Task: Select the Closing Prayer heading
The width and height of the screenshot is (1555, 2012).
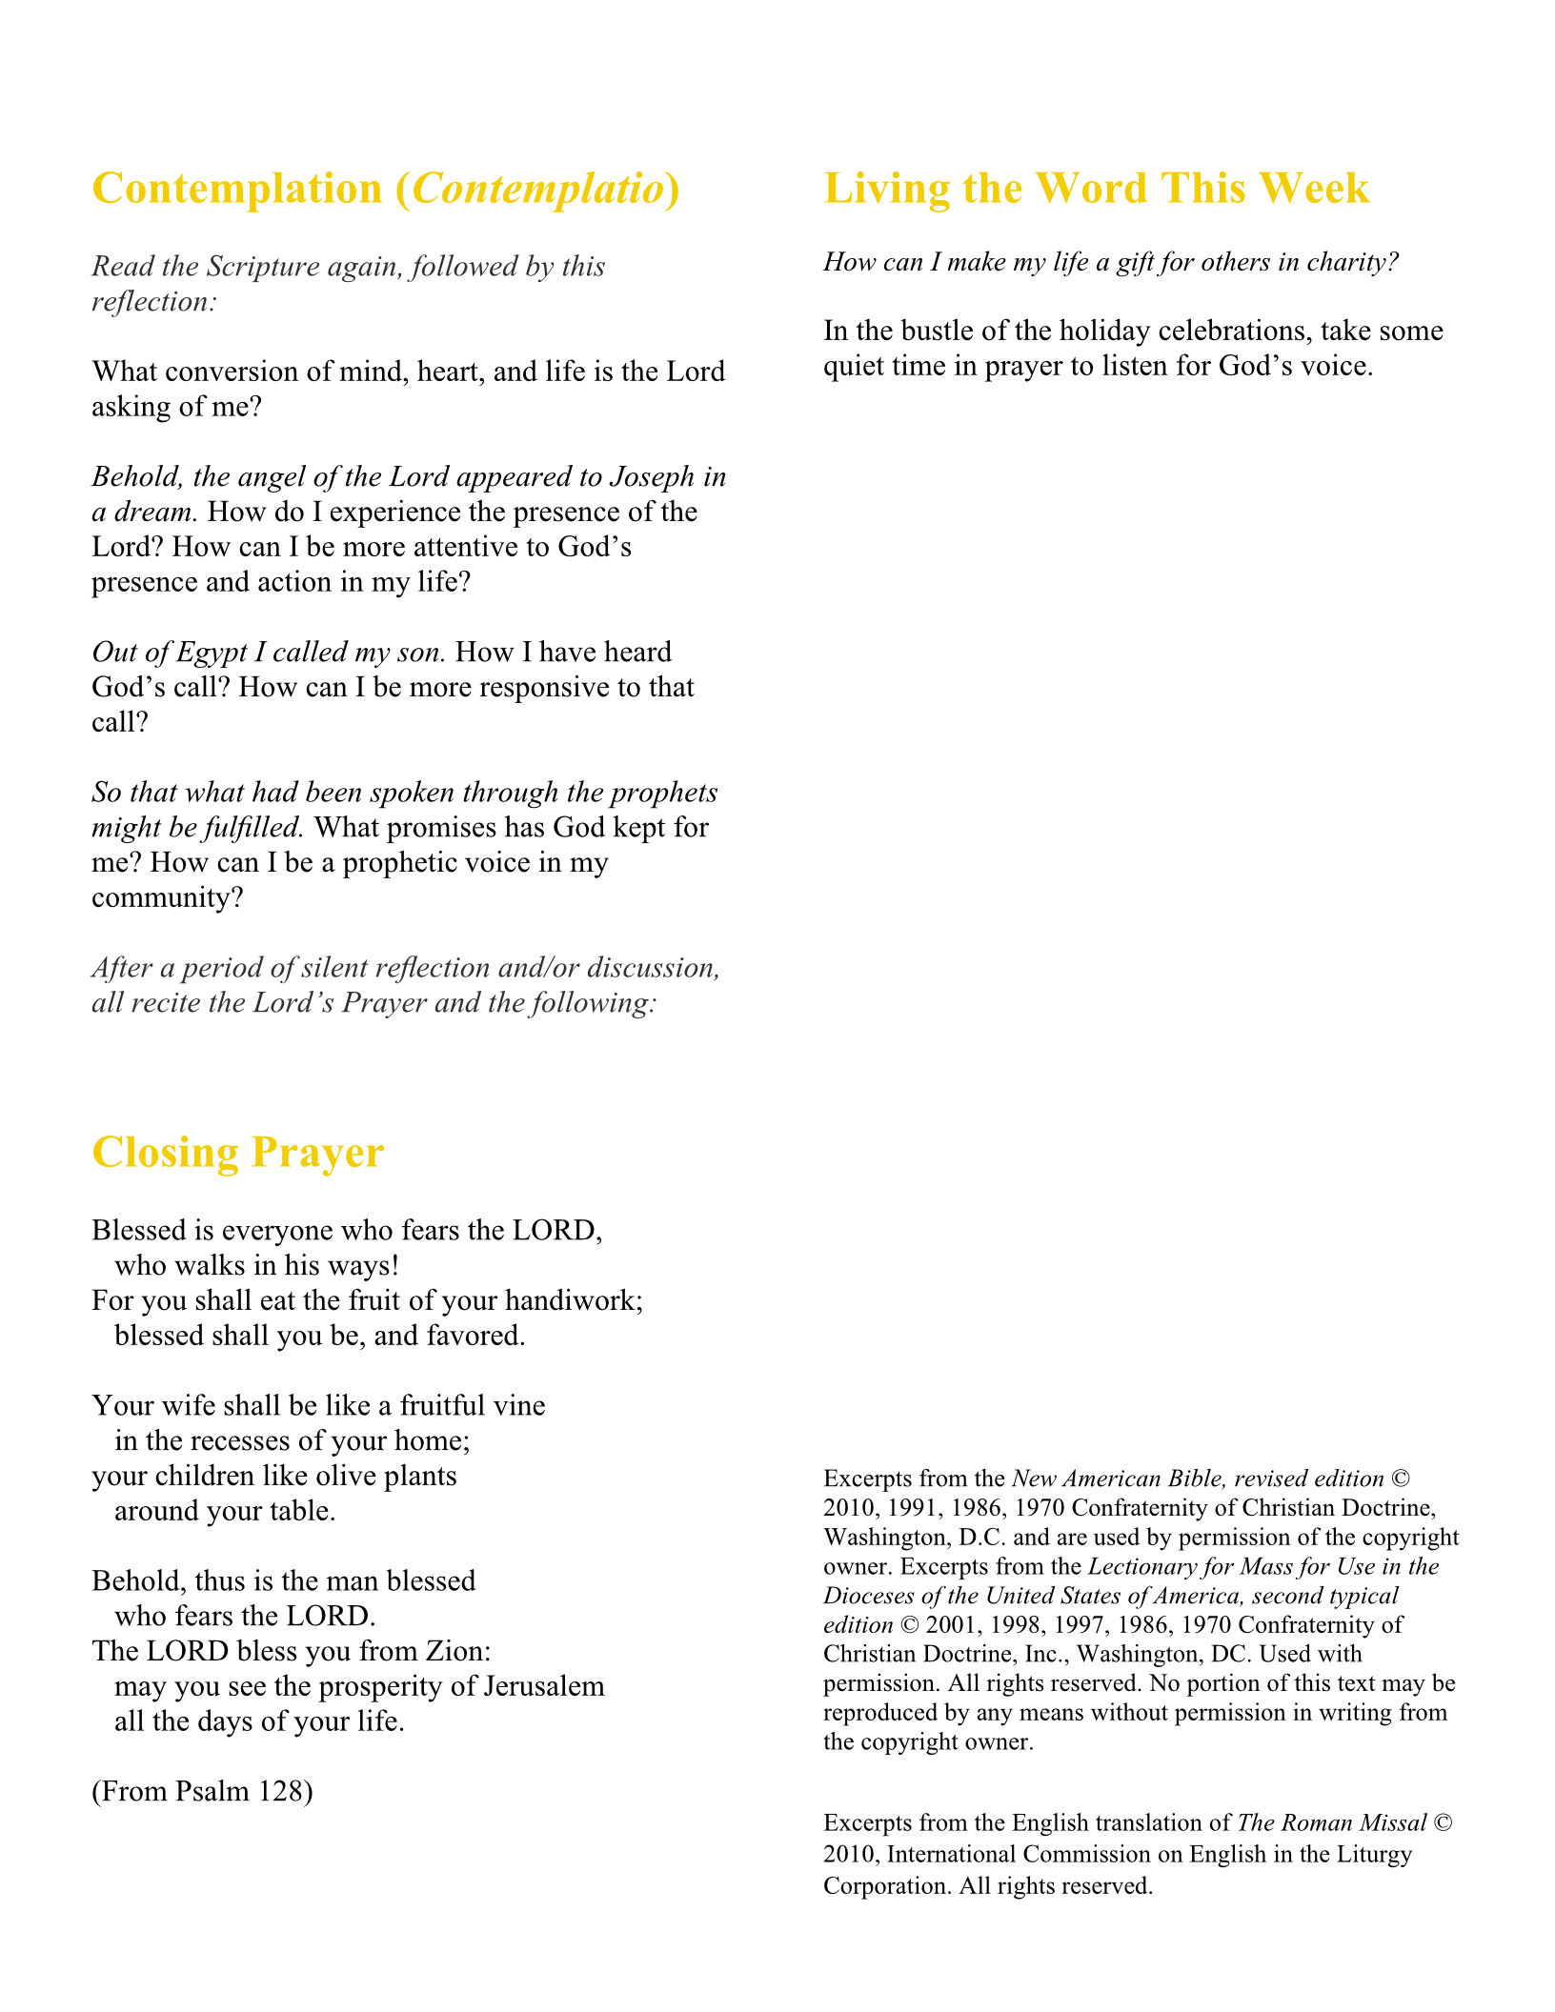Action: click(237, 1153)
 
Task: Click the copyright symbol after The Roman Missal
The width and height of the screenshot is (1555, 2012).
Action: click(1443, 1823)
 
